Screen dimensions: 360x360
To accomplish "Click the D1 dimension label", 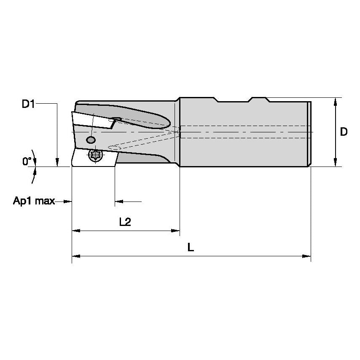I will (28, 104).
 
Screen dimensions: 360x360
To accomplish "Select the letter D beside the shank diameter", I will (344, 132).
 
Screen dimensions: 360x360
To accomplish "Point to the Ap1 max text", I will (34, 201).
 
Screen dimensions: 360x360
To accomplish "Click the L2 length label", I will (125, 222).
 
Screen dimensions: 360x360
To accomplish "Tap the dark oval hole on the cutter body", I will (90, 140).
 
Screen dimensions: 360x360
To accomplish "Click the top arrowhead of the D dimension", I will (335, 101).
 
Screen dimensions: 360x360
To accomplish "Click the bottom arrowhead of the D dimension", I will (335, 163).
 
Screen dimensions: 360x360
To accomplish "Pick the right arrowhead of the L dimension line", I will (307, 256).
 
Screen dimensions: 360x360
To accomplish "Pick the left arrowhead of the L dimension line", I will (75, 256).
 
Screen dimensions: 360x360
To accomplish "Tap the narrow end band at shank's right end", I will (309, 133).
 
